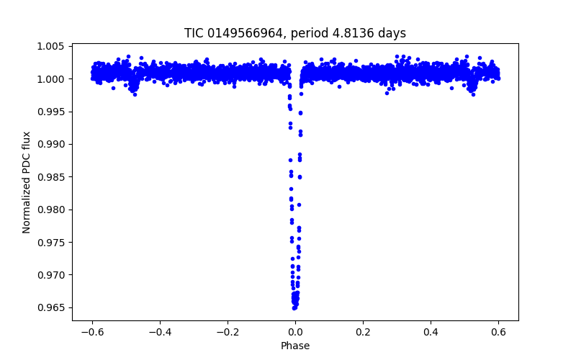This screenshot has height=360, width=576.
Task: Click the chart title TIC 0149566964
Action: click(x=295, y=33)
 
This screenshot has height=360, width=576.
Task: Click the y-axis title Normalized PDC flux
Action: click(x=27, y=182)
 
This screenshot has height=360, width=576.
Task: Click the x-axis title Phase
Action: click(x=295, y=346)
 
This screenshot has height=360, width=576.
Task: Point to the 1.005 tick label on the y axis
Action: click(x=52, y=47)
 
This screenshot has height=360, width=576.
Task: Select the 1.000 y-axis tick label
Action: click(x=52, y=79)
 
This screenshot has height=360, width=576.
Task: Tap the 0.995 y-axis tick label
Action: click(x=52, y=112)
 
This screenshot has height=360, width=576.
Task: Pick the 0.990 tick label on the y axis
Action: click(x=52, y=145)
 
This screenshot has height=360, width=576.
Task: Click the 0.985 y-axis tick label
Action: click(x=52, y=177)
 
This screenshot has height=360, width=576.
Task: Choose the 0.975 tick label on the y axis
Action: click(x=52, y=243)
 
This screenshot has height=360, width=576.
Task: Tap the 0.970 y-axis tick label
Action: click(x=52, y=275)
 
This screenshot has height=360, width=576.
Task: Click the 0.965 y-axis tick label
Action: click(x=52, y=308)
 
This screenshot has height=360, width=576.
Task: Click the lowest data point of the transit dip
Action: click(x=294, y=307)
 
